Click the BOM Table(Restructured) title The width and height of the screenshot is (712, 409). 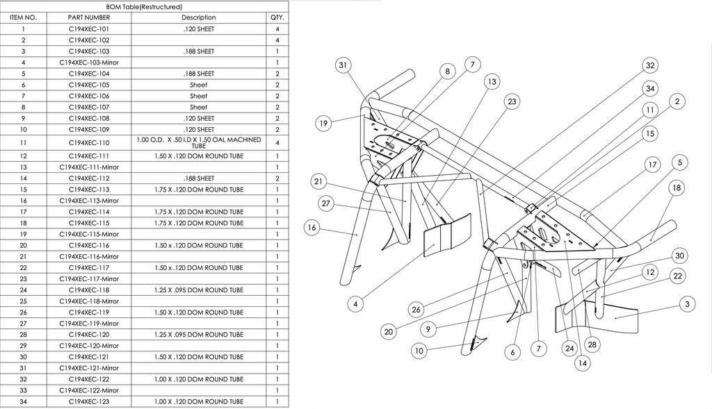144,6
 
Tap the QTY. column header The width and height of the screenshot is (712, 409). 277,17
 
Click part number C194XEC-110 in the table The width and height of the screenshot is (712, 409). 89,142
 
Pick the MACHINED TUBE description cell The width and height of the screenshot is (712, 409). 199,142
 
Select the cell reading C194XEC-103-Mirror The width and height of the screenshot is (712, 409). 89,62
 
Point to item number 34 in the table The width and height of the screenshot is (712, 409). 23,401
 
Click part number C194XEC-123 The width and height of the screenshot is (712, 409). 89,401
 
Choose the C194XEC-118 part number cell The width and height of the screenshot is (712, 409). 89,290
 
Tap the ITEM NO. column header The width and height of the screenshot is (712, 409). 23,17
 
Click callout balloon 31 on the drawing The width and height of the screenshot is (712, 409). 342,65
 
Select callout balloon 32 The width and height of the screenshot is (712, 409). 649,65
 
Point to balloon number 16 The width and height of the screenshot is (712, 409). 312,228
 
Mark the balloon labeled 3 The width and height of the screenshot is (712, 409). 687,304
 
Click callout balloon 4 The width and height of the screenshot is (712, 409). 355,303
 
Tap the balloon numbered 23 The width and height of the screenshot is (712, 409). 512,101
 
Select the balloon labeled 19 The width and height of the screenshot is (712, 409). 323,124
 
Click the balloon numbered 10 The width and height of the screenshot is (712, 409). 419,351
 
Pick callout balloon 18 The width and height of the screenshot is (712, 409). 676,188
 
